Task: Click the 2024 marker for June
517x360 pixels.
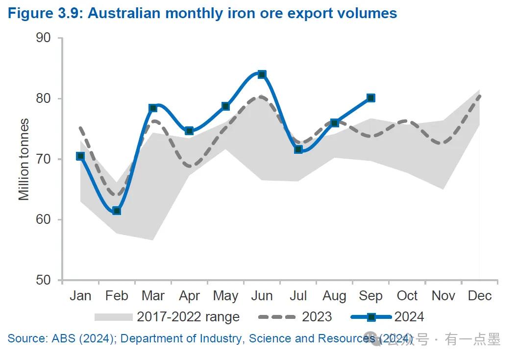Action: click(262, 74)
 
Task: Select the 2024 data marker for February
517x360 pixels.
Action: click(117, 211)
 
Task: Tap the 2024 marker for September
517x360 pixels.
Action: click(371, 98)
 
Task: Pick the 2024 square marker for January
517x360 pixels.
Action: click(80, 156)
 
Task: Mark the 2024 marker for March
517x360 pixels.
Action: click(153, 108)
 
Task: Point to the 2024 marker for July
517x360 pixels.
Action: click(298, 149)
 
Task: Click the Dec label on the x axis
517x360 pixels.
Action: click(480, 296)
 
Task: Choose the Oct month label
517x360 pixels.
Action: click(407, 296)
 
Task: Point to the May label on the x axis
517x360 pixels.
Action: click(225, 296)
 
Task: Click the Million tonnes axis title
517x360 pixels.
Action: click(24, 159)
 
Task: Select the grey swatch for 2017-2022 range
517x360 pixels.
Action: click(113, 317)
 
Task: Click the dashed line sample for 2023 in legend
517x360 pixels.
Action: click(277, 317)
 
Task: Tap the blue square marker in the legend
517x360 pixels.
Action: click(371, 317)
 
